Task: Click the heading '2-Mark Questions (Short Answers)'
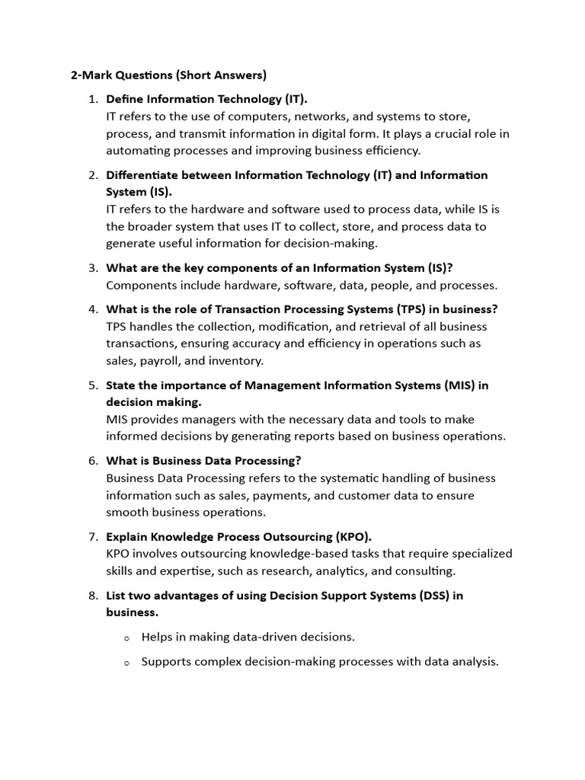(x=168, y=75)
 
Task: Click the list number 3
(x=93, y=267)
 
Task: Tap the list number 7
(x=93, y=536)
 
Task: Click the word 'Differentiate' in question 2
(x=143, y=175)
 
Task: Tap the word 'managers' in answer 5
(x=207, y=419)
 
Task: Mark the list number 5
(x=93, y=385)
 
